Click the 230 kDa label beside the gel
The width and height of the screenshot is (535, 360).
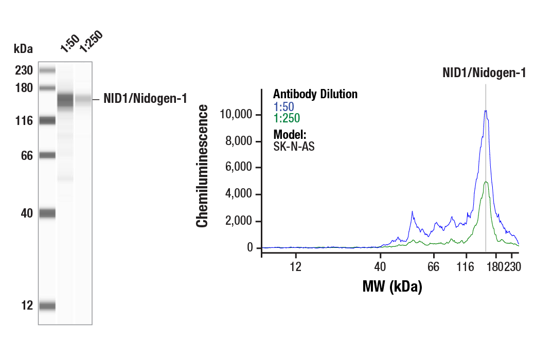pos(24,70)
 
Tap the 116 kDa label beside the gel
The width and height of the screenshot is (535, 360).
pos(24,121)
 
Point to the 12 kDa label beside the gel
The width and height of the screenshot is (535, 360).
pos(26,305)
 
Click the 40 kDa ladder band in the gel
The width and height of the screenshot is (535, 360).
pos(47,213)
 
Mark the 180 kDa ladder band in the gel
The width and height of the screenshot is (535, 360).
pos(47,88)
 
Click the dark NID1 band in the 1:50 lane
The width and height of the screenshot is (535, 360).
pos(65,99)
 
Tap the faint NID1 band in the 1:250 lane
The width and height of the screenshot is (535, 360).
pos(83,98)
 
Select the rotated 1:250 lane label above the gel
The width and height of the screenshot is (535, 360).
pos(91,43)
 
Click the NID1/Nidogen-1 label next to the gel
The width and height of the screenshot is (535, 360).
pos(145,98)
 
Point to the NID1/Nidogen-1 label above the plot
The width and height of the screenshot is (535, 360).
pos(484,73)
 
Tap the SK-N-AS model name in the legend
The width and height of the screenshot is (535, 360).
pos(294,146)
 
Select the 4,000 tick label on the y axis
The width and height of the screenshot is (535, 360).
pos(239,194)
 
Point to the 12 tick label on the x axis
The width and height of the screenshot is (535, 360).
pos(295,267)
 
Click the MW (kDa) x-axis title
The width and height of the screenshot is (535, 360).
pos(392,286)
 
